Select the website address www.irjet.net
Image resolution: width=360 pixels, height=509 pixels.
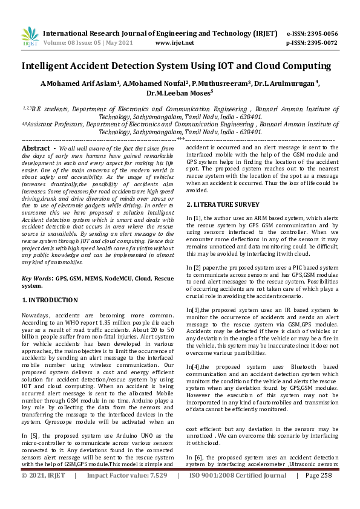tap(175, 43)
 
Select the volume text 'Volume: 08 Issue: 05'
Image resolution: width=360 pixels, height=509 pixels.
tap(76, 43)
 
